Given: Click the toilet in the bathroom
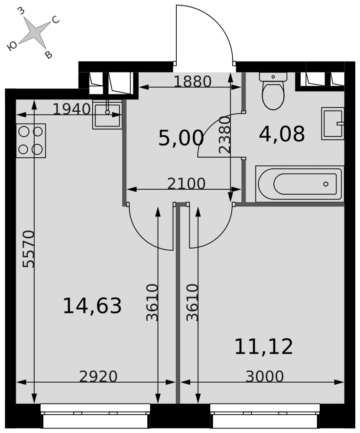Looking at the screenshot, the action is (273, 91).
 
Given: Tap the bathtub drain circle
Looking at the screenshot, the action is (326, 184).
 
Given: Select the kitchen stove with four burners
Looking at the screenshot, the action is (31, 141).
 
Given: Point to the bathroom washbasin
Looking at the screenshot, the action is (333, 123).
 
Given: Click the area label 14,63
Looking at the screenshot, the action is (92, 306).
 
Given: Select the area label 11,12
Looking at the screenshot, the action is (263, 346).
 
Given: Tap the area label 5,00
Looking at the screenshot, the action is (181, 138).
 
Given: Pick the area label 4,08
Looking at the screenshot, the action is (282, 134).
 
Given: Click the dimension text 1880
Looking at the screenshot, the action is (193, 81).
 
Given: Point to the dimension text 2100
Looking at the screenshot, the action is (186, 183).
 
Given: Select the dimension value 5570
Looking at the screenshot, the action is (29, 249).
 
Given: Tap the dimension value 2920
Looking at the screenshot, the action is (98, 376).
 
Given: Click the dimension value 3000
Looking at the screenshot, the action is (265, 376).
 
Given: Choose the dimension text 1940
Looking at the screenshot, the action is (71, 109).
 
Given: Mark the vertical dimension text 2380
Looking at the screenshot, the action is (224, 135).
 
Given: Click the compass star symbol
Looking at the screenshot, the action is (35, 32).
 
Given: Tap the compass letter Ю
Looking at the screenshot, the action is (12, 46).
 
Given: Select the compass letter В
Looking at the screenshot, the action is (49, 55).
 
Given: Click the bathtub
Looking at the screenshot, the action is (300, 184).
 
